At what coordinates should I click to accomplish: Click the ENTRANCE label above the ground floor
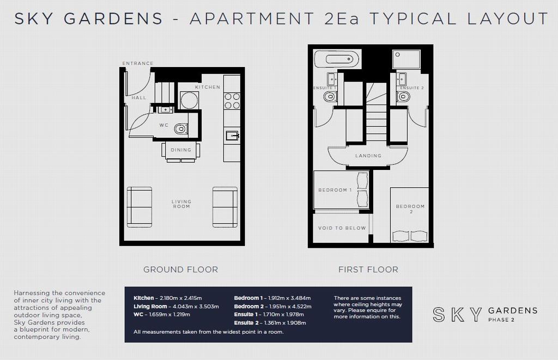point(138,63)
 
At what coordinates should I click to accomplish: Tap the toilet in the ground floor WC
point(181,129)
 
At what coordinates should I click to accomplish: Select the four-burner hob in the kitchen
point(232,101)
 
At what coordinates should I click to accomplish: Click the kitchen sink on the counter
point(232,136)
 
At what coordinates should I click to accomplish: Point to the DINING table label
point(181,150)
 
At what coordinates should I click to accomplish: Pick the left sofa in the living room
point(139,207)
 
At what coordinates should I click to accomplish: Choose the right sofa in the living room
point(225,207)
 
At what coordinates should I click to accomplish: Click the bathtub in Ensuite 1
point(337,59)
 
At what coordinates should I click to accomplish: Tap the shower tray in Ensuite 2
point(406,59)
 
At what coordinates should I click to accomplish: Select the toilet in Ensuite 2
point(403,96)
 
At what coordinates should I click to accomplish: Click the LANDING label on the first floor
point(368,156)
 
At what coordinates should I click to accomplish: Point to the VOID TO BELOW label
point(342,228)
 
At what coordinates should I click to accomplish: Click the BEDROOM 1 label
point(335,190)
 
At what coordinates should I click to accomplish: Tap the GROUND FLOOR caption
point(181,270)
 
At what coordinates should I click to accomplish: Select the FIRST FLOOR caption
point(368,270)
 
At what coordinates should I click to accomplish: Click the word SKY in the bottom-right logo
point(457,314)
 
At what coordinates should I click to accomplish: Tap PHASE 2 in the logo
point(501,320)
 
